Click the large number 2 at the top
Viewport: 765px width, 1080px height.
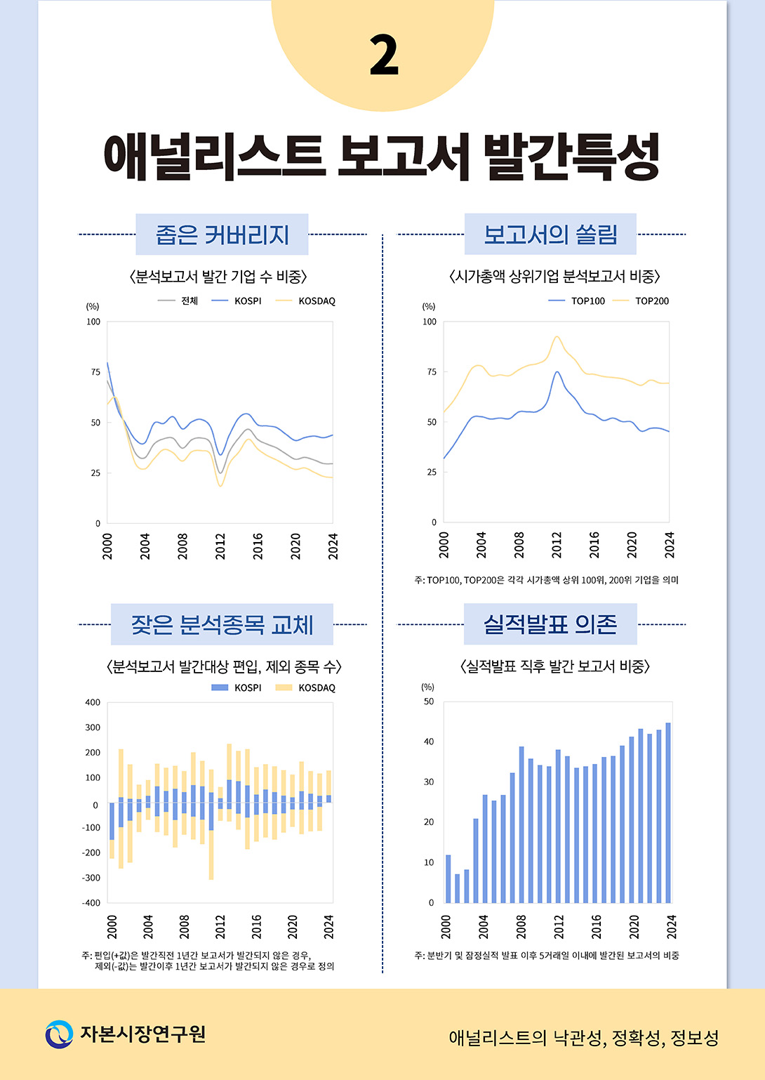click(384, 55)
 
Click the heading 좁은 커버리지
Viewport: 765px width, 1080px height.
click(222, 235)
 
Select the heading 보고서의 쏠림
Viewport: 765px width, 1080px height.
click(550, 235)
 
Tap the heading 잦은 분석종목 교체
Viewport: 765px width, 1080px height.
click(222, 624)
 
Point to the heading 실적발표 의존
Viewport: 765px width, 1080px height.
click(550, 624)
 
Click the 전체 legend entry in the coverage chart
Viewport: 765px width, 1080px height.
click(178, 301)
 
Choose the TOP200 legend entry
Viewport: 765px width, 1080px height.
click(641, 301)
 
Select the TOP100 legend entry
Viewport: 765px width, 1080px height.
click(577, 301)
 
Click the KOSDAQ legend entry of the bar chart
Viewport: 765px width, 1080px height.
click(305, 687)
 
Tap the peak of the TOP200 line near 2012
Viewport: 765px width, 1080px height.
click(557, 336)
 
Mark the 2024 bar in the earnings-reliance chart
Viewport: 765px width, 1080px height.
click(668, 812)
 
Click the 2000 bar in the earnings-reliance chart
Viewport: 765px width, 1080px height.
click(448, 878)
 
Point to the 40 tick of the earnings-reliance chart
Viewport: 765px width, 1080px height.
click(429, 742)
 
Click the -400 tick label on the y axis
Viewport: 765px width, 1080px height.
click(92, 903)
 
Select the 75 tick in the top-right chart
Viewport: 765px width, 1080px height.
click(432, 371)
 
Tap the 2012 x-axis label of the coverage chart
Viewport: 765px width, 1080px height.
click(220, 546)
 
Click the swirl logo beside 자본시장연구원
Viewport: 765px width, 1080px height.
click(59, 1034)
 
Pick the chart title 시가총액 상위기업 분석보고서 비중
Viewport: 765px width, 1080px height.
click(554, 276)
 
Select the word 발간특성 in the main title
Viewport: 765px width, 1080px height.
click(571, 156)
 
